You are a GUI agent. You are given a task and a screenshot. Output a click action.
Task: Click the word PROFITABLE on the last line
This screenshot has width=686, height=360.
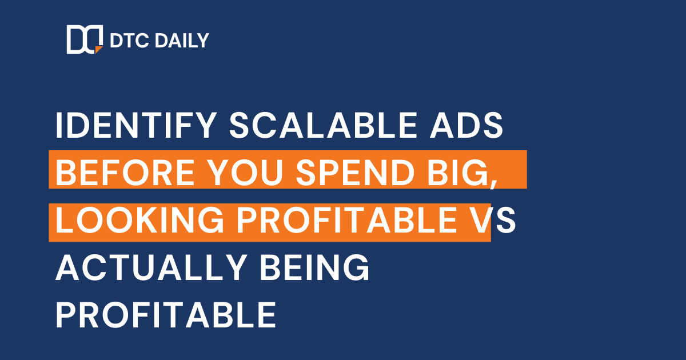[166, 314]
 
